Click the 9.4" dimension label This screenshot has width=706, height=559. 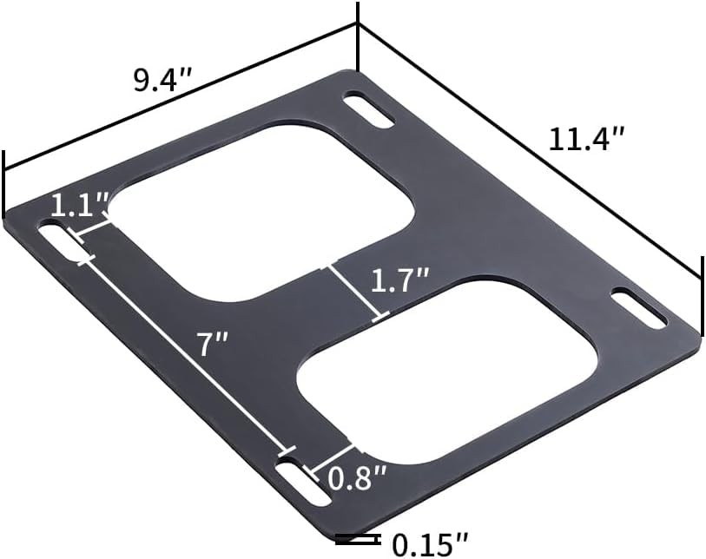pyautogui.click(x=161, y=81)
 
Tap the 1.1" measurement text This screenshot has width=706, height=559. pyautogui.click(x=79, y=207)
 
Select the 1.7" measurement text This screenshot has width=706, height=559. pyautogui.click(x=400, y=280)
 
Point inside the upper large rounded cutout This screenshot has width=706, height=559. pyautogui.click(x=261, y=208)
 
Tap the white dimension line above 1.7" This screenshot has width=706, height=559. pyautogui.click(x=354, y=293)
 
